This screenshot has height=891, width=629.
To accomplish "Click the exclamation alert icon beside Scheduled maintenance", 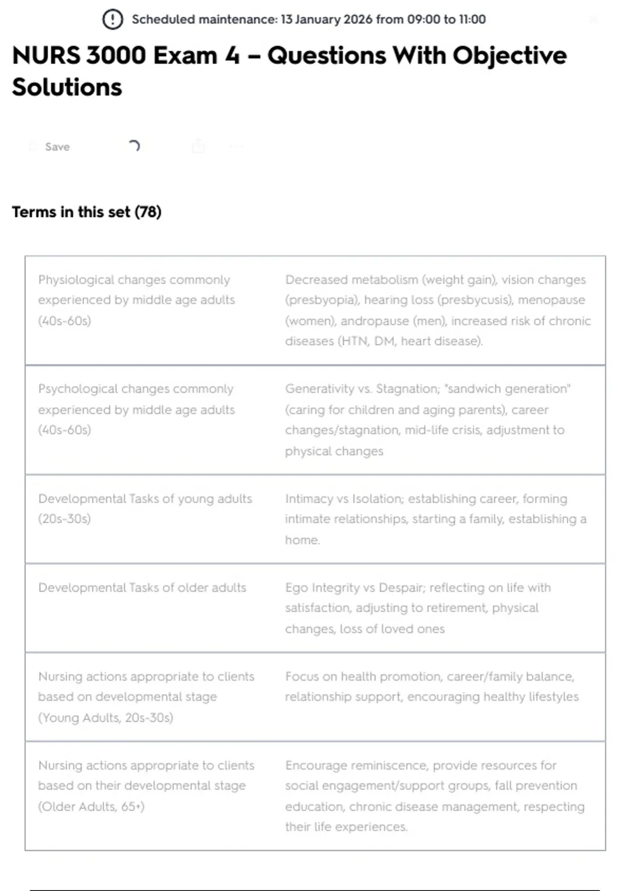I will click(112, 19).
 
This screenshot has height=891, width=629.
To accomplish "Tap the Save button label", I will click(57, 147).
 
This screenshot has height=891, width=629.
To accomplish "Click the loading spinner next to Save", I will click(134, 146).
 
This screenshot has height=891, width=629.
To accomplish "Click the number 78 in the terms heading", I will click(148, 212).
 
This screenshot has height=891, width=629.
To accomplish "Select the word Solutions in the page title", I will click(67, 87).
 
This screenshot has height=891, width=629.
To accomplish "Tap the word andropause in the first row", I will click(376, 321).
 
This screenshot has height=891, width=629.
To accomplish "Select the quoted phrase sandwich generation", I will click(507, 389).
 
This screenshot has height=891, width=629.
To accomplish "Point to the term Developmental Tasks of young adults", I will click(145, 498).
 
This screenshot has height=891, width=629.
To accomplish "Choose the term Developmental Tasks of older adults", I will click(142, 588).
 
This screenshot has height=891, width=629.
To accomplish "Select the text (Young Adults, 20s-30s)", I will click(105, 718).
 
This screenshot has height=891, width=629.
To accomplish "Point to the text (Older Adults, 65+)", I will click(91, 806).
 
